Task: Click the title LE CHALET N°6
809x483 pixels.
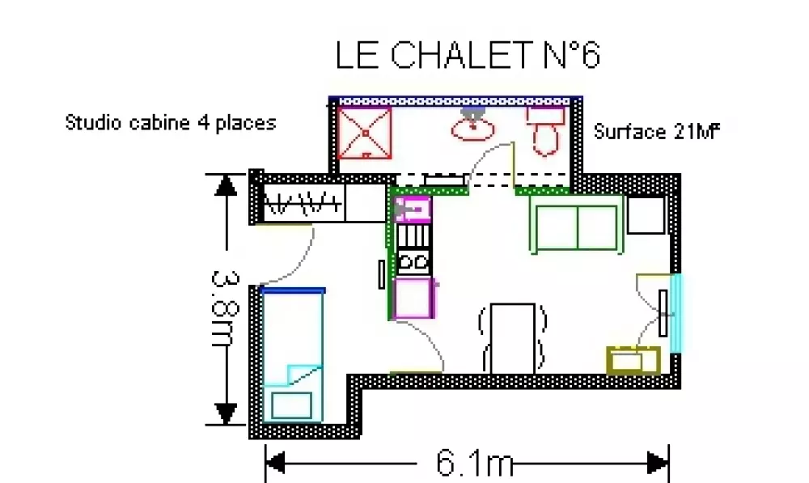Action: tap(468, 55)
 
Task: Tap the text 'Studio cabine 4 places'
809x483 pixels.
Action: tap(171, 123)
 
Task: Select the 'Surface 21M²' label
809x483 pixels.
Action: tap(656, 132)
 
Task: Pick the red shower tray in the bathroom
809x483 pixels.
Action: tap(365, 133)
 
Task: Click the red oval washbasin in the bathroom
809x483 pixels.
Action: tap(472, 129)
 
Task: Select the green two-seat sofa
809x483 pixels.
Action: tap(576, 225)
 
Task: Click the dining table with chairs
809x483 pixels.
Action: tap(512, 338)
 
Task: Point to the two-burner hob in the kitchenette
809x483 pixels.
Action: tap(413, 261)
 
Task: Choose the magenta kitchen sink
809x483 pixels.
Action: tap(413, 209)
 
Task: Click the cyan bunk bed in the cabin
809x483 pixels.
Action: tap(293, 355)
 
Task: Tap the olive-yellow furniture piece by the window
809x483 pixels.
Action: tap(633, 360)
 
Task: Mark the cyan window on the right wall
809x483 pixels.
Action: tap(676, 313)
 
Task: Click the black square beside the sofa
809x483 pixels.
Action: tap(646, 215)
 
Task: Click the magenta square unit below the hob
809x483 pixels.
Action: tap(413, 298)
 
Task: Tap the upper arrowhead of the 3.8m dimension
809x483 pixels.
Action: tap(226, 184)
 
